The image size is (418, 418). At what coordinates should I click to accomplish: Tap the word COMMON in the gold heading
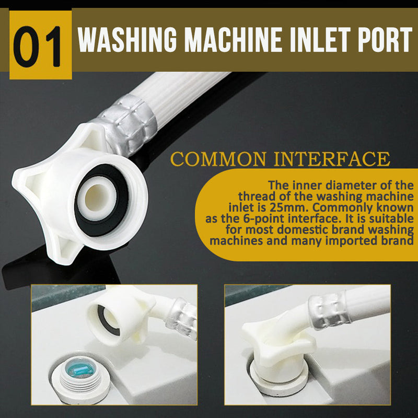[x=218, y=159]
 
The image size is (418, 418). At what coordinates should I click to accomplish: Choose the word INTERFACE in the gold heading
[x=332, y=159]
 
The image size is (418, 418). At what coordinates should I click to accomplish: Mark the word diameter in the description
[x=351, y=185]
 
